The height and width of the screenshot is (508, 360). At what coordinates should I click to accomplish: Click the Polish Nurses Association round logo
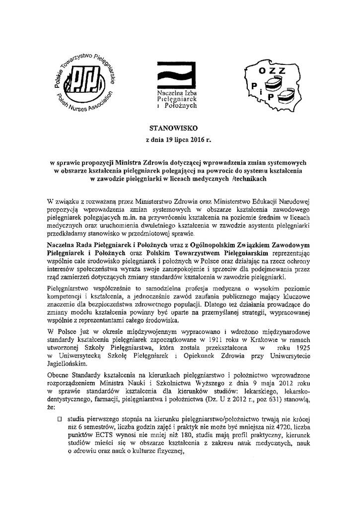pos(84,82)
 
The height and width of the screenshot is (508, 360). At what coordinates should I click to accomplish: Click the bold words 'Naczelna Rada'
pos(69,245)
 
